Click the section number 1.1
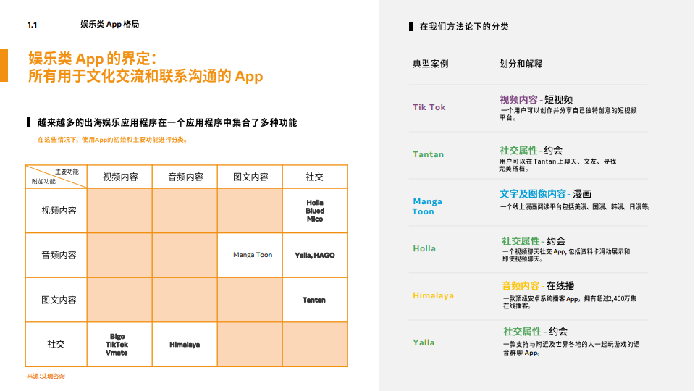click(32, 25)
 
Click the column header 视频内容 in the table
click(120, 177)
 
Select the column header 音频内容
click(185, 177)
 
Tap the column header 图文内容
click(250, 177)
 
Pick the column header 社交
click(315, 177)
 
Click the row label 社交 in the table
click(56, 344)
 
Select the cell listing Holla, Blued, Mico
click(315, 211)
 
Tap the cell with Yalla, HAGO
click(315, 255)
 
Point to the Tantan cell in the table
click(314, 300)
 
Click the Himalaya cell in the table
click(185, 345)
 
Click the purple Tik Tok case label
click(429, 107)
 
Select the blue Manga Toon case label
click(427, 206)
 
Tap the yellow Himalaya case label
click(433, 295)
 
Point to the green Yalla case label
click(424, 342)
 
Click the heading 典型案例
click(430, 64)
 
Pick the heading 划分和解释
click(521, 64)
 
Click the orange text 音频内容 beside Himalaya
click(521, 285)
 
